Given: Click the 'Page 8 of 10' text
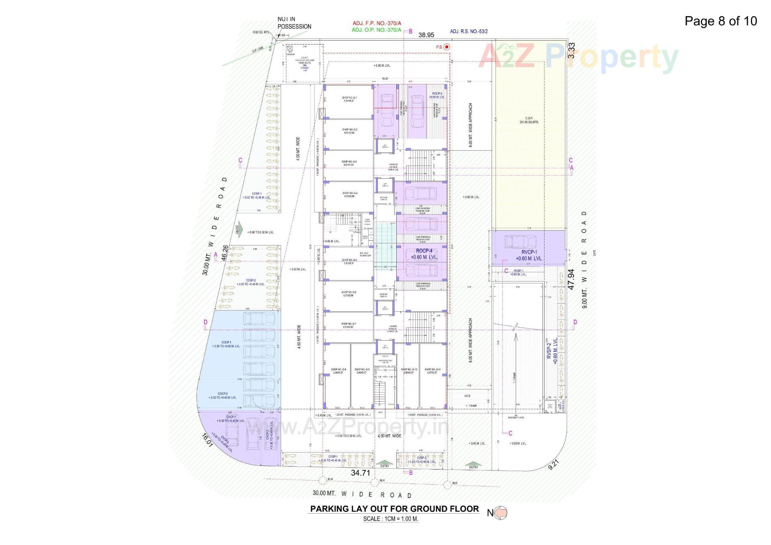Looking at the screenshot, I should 720,21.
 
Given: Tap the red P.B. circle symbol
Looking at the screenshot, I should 447,47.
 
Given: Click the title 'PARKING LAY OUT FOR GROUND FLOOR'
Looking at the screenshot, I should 394,509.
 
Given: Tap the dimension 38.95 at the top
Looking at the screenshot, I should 426,35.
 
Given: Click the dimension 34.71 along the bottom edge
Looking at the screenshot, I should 360,473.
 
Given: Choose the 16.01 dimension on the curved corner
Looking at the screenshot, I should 207,441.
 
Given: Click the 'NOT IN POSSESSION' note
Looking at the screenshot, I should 294,23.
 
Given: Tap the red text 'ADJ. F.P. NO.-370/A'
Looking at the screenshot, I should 376,23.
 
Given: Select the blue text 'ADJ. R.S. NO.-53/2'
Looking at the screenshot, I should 469,31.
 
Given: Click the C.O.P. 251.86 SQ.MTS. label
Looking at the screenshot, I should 529,120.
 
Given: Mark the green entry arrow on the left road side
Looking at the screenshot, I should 239,229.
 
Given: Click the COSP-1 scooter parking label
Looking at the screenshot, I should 257,196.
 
